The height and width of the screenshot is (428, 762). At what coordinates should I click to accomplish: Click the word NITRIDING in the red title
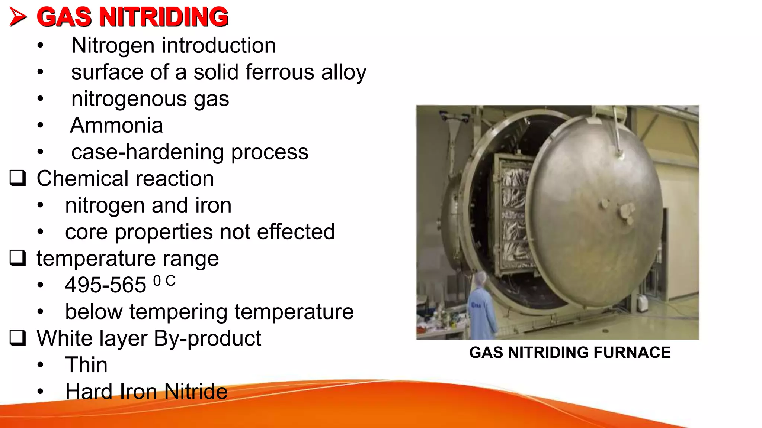[164, 17]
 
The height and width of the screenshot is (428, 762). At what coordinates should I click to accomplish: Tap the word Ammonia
[116, 125]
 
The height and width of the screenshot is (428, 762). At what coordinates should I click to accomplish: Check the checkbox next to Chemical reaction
[17, 178]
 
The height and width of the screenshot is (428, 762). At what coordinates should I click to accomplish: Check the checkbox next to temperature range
[17, 258]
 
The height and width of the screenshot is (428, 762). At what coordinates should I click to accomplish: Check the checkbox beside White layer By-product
[17, 338]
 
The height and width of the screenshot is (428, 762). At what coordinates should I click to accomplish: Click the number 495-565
[105, 285]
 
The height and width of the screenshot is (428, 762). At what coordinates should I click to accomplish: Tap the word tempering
[178, 312]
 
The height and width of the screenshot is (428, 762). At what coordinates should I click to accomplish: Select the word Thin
[86, 365]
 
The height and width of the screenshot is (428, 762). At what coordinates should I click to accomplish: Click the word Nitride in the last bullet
[196, 392]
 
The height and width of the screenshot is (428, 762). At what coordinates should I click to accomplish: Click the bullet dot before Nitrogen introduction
[40, 46]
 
